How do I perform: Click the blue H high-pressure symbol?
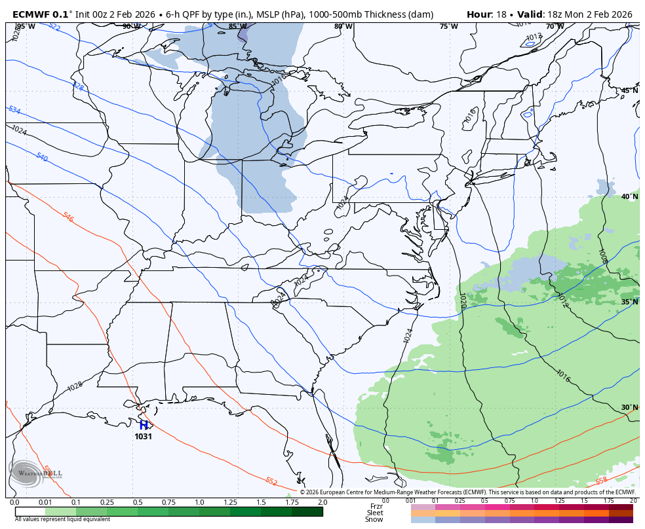coord(144,425)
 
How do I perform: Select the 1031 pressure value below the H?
coord(144,437)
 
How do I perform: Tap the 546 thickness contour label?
coord(68,217)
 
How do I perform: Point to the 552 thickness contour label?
coord(271,481)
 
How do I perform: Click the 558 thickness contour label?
coord(601,481)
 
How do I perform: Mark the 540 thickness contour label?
coord(42,157)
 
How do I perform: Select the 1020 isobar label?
coord(462,301)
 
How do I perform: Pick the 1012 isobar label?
coord(562,301)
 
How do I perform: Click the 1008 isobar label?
coord(602,256)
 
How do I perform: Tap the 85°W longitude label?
coord(237,27)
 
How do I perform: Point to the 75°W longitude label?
coord(448,27)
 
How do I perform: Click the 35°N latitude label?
coord(629,302)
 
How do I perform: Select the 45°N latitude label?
coord(629,90)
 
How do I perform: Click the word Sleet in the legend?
coord(374,513)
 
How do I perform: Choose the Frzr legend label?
coord(376,506)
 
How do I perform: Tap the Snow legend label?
coord(374,519)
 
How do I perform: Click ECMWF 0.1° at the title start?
coord(41,14)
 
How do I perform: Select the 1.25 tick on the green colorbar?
coord(230,502)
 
